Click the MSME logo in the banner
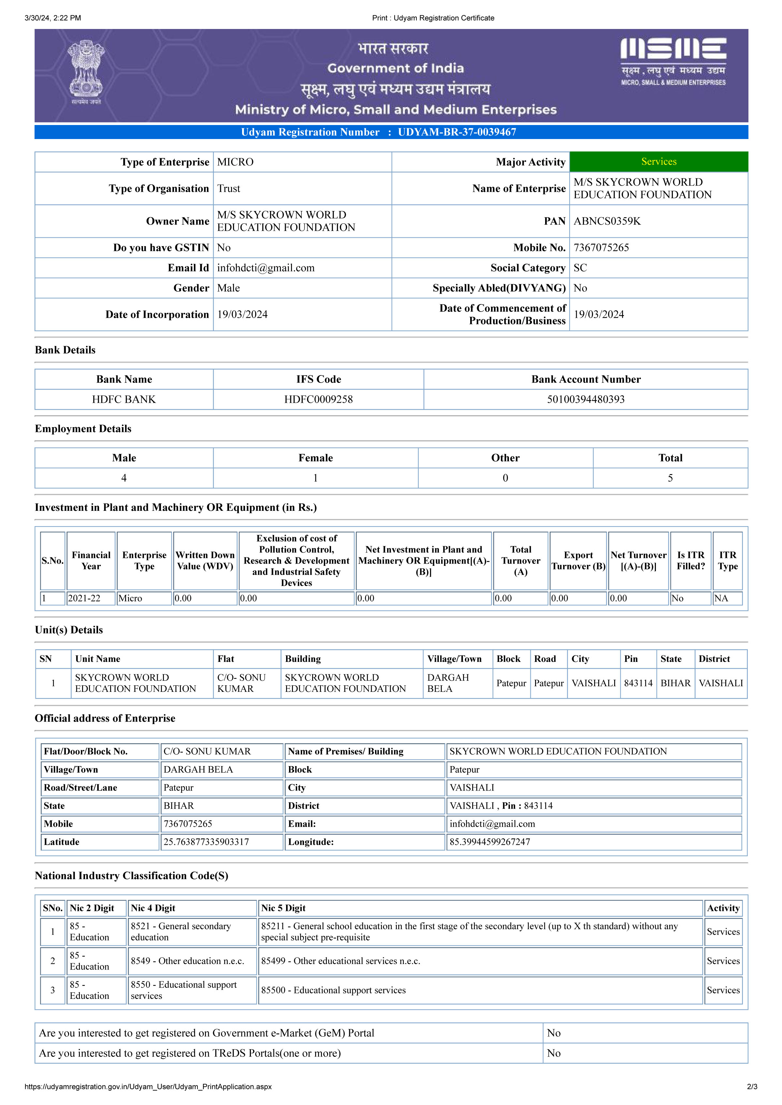point(673,62)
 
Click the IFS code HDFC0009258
point(318,399)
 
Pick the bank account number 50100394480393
point(586,399)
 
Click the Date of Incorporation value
point(242,315)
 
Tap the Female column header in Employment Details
point(315,458)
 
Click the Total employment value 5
point(670,478)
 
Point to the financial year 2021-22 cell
point(84,598)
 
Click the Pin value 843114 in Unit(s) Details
point(638,683)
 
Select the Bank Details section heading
point(65,350)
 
